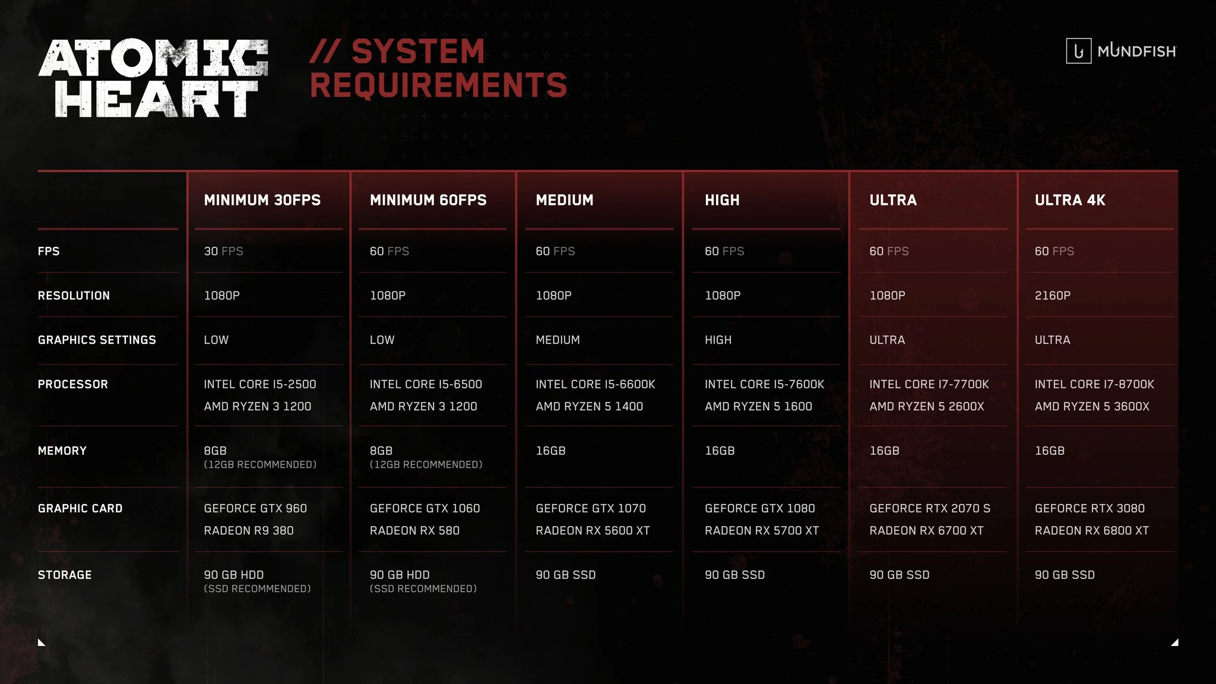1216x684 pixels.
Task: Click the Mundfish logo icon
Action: (1078, 51)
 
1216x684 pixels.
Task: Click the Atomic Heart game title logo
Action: (153, 78)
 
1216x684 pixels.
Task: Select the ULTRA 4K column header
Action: (1070, 200)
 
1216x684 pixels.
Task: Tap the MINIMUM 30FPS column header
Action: (262, 200)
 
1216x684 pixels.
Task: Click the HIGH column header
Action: (722, 200)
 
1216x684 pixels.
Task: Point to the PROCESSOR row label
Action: (73, 384)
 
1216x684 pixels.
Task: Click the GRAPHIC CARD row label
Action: (80, 508)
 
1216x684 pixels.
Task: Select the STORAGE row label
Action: (65, 575)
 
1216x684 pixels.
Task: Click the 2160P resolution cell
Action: (1052, 296)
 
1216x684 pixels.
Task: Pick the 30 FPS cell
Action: (223, 251)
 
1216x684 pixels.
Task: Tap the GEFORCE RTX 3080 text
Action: (1090, 508)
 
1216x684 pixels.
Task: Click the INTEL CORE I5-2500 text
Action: (260, 384)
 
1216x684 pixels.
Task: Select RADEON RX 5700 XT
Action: (762, 530)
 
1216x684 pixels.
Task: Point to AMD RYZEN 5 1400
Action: (589, 406)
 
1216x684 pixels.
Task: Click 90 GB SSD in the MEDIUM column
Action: (565, 575)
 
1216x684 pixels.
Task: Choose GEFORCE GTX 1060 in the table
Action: (425, 508)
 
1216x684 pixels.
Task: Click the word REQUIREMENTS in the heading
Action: (438, 85)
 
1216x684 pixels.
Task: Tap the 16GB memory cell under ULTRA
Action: (884, 451)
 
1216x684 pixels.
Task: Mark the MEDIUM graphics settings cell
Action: (558, 340)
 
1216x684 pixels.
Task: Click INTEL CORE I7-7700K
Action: (929, 384)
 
